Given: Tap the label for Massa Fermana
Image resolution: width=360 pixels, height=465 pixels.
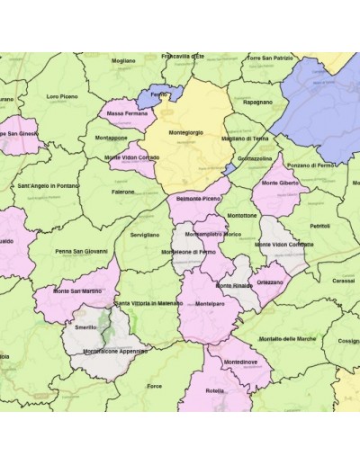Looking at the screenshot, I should tap(128, 114).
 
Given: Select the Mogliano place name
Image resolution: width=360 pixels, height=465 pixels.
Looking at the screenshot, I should tap(123, 61).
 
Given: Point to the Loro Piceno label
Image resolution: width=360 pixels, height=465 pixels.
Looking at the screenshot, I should tap(66, 96).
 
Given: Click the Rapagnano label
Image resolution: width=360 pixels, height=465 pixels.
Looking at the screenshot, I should tap(257, 102).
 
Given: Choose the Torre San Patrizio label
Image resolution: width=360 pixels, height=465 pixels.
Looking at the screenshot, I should tap(269, 58).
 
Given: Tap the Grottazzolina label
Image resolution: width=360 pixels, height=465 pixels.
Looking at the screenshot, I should tap(255, 157).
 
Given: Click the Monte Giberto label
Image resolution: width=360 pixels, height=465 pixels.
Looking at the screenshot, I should tap(279, 183).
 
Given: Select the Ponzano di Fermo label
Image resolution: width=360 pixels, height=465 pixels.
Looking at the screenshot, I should tap(310, 165).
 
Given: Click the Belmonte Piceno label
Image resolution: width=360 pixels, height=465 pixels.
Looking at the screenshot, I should tap(198, 197).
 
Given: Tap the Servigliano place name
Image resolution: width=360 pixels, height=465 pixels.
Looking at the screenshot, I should tap(144, 235).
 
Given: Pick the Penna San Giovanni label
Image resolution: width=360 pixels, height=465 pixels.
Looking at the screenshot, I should tap(81, 251).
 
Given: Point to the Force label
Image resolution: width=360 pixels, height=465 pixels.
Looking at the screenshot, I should tap(155, 386).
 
